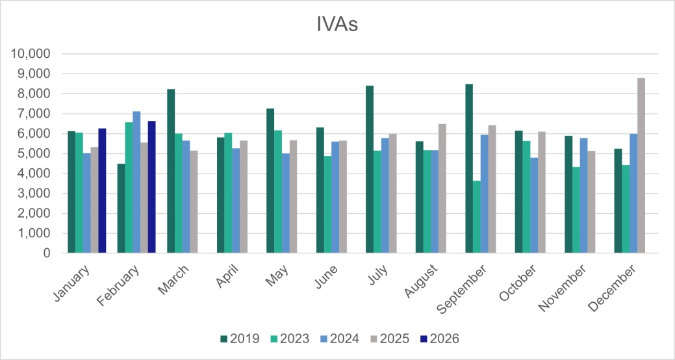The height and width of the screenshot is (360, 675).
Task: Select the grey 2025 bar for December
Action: (641, 166)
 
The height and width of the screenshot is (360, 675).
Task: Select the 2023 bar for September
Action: (477, 217)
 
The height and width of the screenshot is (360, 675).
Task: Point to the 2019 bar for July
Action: (370, 170)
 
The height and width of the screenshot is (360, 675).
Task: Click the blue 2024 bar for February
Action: (136, 182)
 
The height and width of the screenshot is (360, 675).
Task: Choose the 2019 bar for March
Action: (171, 171)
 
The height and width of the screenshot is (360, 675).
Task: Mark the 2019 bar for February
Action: (121, 209)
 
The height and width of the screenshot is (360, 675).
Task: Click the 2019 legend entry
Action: (240, 339)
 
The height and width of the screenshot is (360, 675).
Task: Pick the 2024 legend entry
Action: (342, 339)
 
